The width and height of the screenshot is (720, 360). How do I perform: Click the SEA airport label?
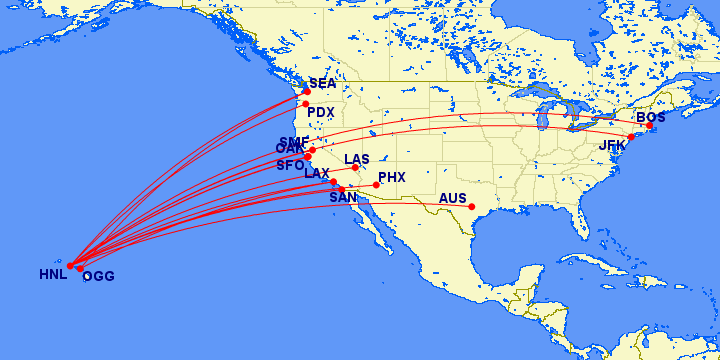point(322,84)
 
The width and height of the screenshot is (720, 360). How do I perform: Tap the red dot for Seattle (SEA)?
point(307,92)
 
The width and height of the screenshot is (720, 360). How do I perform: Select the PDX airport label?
point(321,112)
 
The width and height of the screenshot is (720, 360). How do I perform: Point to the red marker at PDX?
point(305,104)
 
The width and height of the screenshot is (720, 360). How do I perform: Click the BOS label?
point(651,117)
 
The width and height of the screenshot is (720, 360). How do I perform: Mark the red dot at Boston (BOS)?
point(649,126)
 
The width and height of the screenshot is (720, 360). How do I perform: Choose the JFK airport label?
point(612,146)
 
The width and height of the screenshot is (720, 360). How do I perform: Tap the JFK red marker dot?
point(631,136)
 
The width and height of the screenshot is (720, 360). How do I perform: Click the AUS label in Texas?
point(453,198)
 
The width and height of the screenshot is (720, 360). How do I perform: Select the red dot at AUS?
point(471,208)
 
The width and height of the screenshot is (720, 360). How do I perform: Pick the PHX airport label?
point(392,178)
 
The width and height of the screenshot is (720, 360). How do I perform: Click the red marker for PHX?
point(376,185)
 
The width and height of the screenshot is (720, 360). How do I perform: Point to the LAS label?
point(357,159)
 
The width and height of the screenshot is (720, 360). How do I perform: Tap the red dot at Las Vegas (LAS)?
point(355,167)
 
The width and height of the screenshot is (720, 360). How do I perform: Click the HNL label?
point(52,274)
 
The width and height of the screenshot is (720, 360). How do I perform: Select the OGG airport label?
point(98,277)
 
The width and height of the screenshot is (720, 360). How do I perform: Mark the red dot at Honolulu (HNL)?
point(70,266)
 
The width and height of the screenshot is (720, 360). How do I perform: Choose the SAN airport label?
point(343,198)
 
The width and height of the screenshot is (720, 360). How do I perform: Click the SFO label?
point(290,165)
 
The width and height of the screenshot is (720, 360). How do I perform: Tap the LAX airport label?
point(317,174)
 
